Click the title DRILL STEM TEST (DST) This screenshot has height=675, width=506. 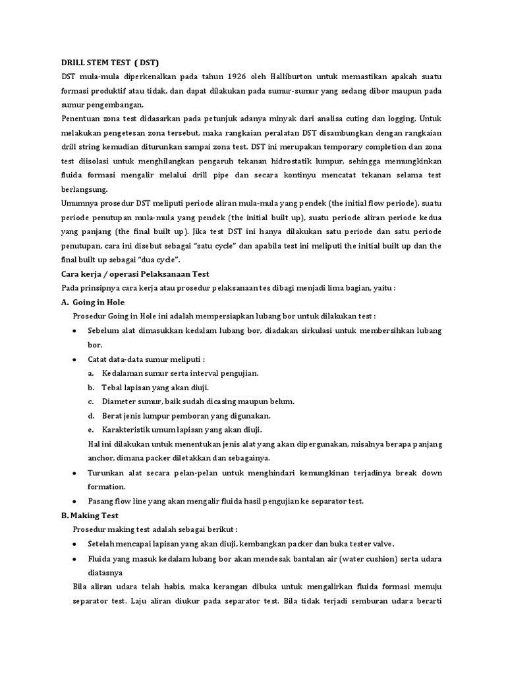pyautogui.click(x=106, y=61)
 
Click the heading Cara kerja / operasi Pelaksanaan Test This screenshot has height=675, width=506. pyautogui.click(x=134, y=274)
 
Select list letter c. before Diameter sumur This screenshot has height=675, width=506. pyautogui.click(x=91, y=401)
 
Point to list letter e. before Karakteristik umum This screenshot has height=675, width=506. pyautogui.click(x=91, y=430)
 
